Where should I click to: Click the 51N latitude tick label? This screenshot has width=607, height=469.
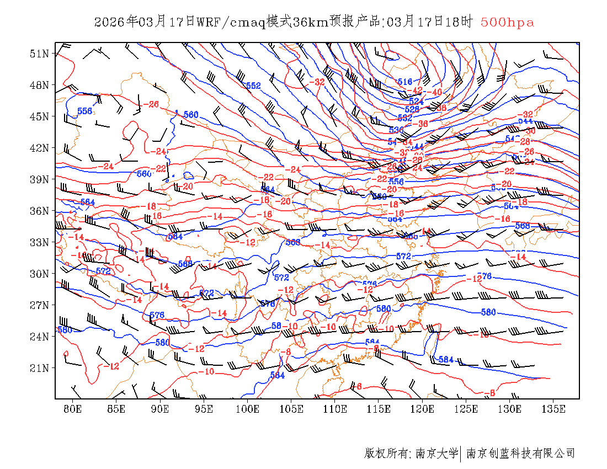point(40,54)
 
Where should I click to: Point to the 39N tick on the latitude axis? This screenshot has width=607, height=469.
point(40,179)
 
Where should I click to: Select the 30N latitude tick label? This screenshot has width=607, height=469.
point(40,274)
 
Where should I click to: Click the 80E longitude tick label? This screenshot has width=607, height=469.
point(73,409)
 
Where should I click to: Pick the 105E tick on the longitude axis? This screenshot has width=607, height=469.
point(291,409)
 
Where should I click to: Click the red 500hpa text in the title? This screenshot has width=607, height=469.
point(507,23)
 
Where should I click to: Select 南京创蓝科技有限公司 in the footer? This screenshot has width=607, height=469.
point(520,454)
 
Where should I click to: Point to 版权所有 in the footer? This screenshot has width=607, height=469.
point(386,454)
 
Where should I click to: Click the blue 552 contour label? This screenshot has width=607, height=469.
point(253,86)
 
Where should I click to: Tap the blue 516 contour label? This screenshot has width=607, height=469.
point(406,82)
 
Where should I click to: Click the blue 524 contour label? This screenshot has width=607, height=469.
point(416,102)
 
